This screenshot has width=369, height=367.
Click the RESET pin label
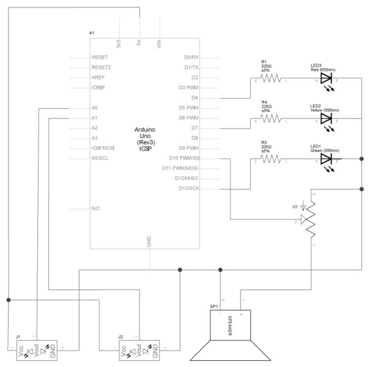pyautogui.click(x=99, y=57)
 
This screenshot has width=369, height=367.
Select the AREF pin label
pyautogui.click(x=98, y=78)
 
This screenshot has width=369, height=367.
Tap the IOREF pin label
pyautogui.click(x=99, y=88)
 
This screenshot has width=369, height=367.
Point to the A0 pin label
pyautogui.click(x=94, y=108)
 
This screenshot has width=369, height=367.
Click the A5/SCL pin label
pyautogui.click(x=100, y=158)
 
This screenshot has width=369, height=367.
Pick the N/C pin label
pyautogui.click(x=95, y=209)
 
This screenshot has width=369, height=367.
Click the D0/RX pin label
pyautogui.click(x=191, y=57)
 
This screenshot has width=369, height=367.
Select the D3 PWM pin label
pyautogui.click(x=188, y=87)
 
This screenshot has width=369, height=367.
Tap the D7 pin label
pyautogui.click(x=195, y=128)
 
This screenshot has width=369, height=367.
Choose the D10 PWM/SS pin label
pyautogui.click(x=184, y=158)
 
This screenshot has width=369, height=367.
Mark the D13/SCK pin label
pyautogui.click(x=188, y=188)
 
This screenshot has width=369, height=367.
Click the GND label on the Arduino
pyautogui.click(x=149, y=242)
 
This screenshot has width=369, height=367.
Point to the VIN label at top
pyautogui.click(x=159, y=45)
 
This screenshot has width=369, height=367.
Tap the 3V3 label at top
pyautogui.click(x=118, y=45)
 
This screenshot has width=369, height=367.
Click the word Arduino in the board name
pyautogui.click(x=144, y=130)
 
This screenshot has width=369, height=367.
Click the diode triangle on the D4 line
pyautogui.click(x=325, y=78)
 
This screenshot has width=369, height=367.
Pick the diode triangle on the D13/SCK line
pyautogui.click(x=325, y=158)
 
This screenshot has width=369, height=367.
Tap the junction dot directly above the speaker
pyautogui.click(x=220, y=269)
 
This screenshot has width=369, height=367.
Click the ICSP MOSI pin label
pyautogui.click(x=103, y=148)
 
